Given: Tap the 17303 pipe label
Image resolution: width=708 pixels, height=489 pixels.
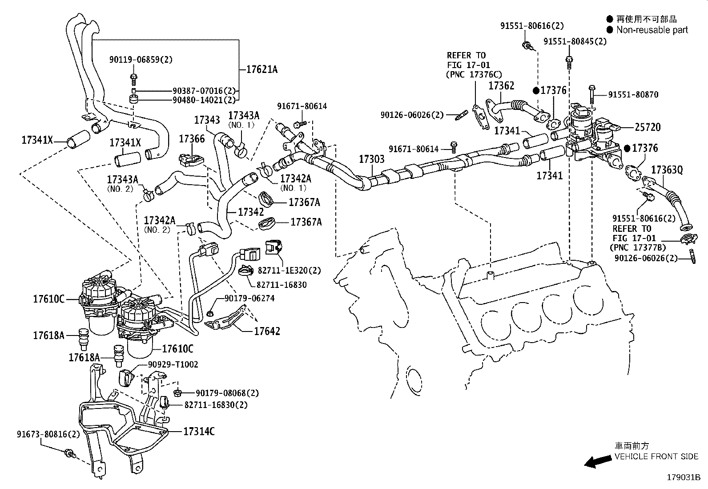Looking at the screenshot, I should click(x=372, y=159).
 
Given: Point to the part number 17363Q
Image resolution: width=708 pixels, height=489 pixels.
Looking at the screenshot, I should click(x=667, y=170).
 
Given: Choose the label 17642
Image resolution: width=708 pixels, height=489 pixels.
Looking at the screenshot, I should click(x=267, y=331).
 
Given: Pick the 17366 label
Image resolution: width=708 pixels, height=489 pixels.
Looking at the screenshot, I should click(x=192, y=139).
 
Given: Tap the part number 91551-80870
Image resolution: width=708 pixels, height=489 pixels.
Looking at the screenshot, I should click(x=633, y=94).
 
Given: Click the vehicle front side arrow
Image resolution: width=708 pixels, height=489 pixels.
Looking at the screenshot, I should click(x=597, y=462).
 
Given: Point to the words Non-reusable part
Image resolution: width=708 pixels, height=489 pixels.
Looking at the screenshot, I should click(x=652, y=30).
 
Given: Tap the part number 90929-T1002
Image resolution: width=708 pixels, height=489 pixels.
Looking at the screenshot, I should click(x=173, y=365).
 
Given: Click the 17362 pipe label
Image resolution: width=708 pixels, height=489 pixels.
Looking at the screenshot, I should click(x=501, y=85).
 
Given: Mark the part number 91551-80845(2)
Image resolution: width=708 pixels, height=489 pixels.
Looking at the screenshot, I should click(x=575, y=41).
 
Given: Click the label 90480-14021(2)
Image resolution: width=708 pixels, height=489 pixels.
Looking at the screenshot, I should click(x=204, y=100).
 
